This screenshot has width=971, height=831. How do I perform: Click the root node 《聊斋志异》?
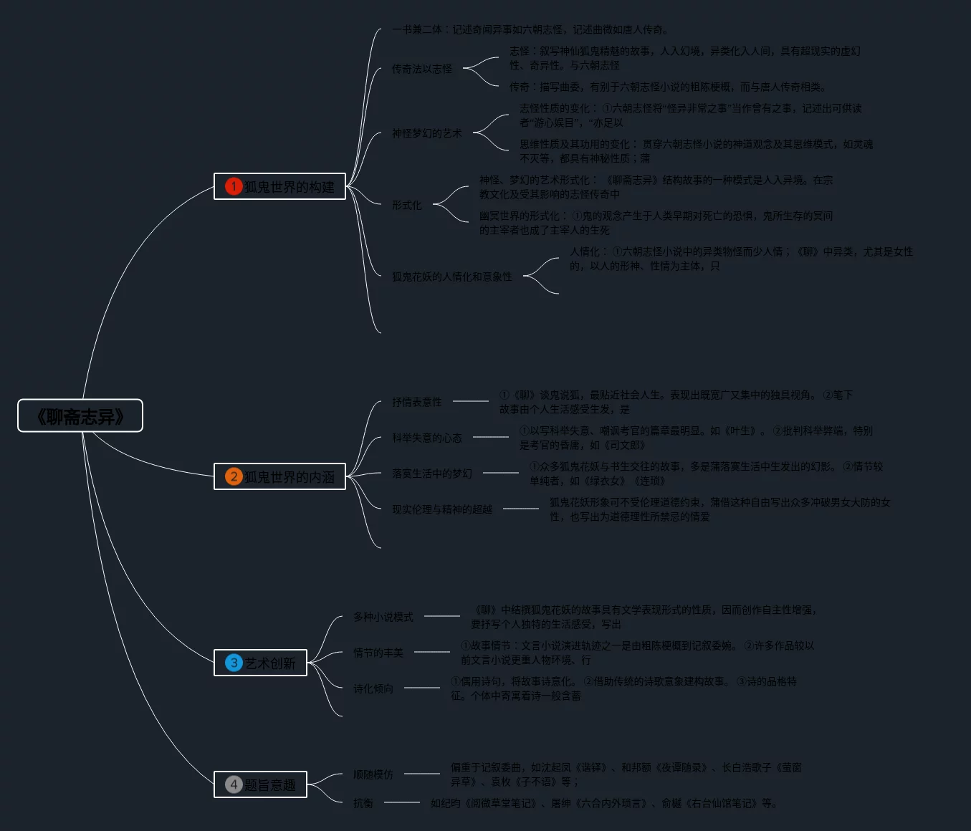[80, 415]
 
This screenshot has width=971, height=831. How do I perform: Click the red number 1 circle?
[234, 186]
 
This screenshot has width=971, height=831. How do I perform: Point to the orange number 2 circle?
[234, 476]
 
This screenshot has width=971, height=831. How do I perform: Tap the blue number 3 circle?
[234, 663]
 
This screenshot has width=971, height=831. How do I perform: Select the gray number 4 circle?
[234, 784]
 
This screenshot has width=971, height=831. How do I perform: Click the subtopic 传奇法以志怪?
[421, 69]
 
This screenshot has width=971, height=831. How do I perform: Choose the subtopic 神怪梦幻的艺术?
[426, 133]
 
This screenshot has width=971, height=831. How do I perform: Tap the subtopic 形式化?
[406, 205]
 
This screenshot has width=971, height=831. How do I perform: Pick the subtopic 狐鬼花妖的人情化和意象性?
[451, 277]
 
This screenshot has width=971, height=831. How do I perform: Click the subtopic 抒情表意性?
[416, 402]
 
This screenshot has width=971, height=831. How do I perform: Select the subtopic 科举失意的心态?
[426, 438]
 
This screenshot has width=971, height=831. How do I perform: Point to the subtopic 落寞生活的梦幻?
[431, 474]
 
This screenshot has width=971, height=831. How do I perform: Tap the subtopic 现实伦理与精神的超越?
[441, 509]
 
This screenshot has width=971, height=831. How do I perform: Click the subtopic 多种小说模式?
[383, 617]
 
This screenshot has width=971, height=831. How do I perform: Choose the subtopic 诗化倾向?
[373, 688]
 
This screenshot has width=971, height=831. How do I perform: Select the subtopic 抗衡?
[363, 803]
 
